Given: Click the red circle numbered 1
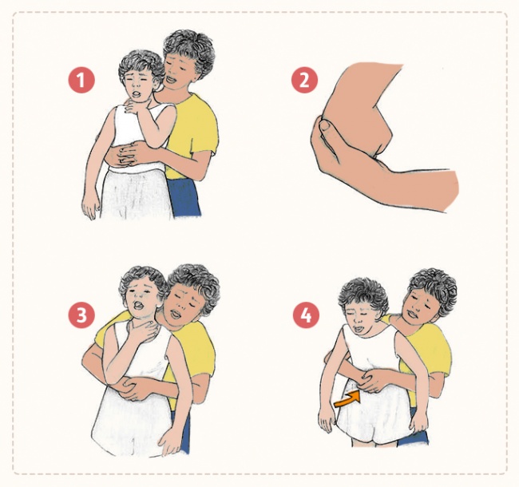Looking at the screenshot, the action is [81, 81].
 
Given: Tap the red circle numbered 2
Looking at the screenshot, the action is [304, 81].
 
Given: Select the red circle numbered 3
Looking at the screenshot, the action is [81, 315].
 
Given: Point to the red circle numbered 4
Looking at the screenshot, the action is [306, 315].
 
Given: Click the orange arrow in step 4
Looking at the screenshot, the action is [347, 398].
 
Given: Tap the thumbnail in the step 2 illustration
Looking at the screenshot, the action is [327, 125].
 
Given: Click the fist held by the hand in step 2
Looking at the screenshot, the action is [358, 113].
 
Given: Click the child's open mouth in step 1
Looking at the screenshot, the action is [136, 93].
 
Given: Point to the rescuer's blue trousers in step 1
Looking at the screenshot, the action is [184, 198].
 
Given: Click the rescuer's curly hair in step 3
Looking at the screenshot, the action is [196, 284].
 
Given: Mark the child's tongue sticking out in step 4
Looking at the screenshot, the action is [359, 329].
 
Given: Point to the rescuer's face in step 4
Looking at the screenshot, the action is [420, 307].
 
